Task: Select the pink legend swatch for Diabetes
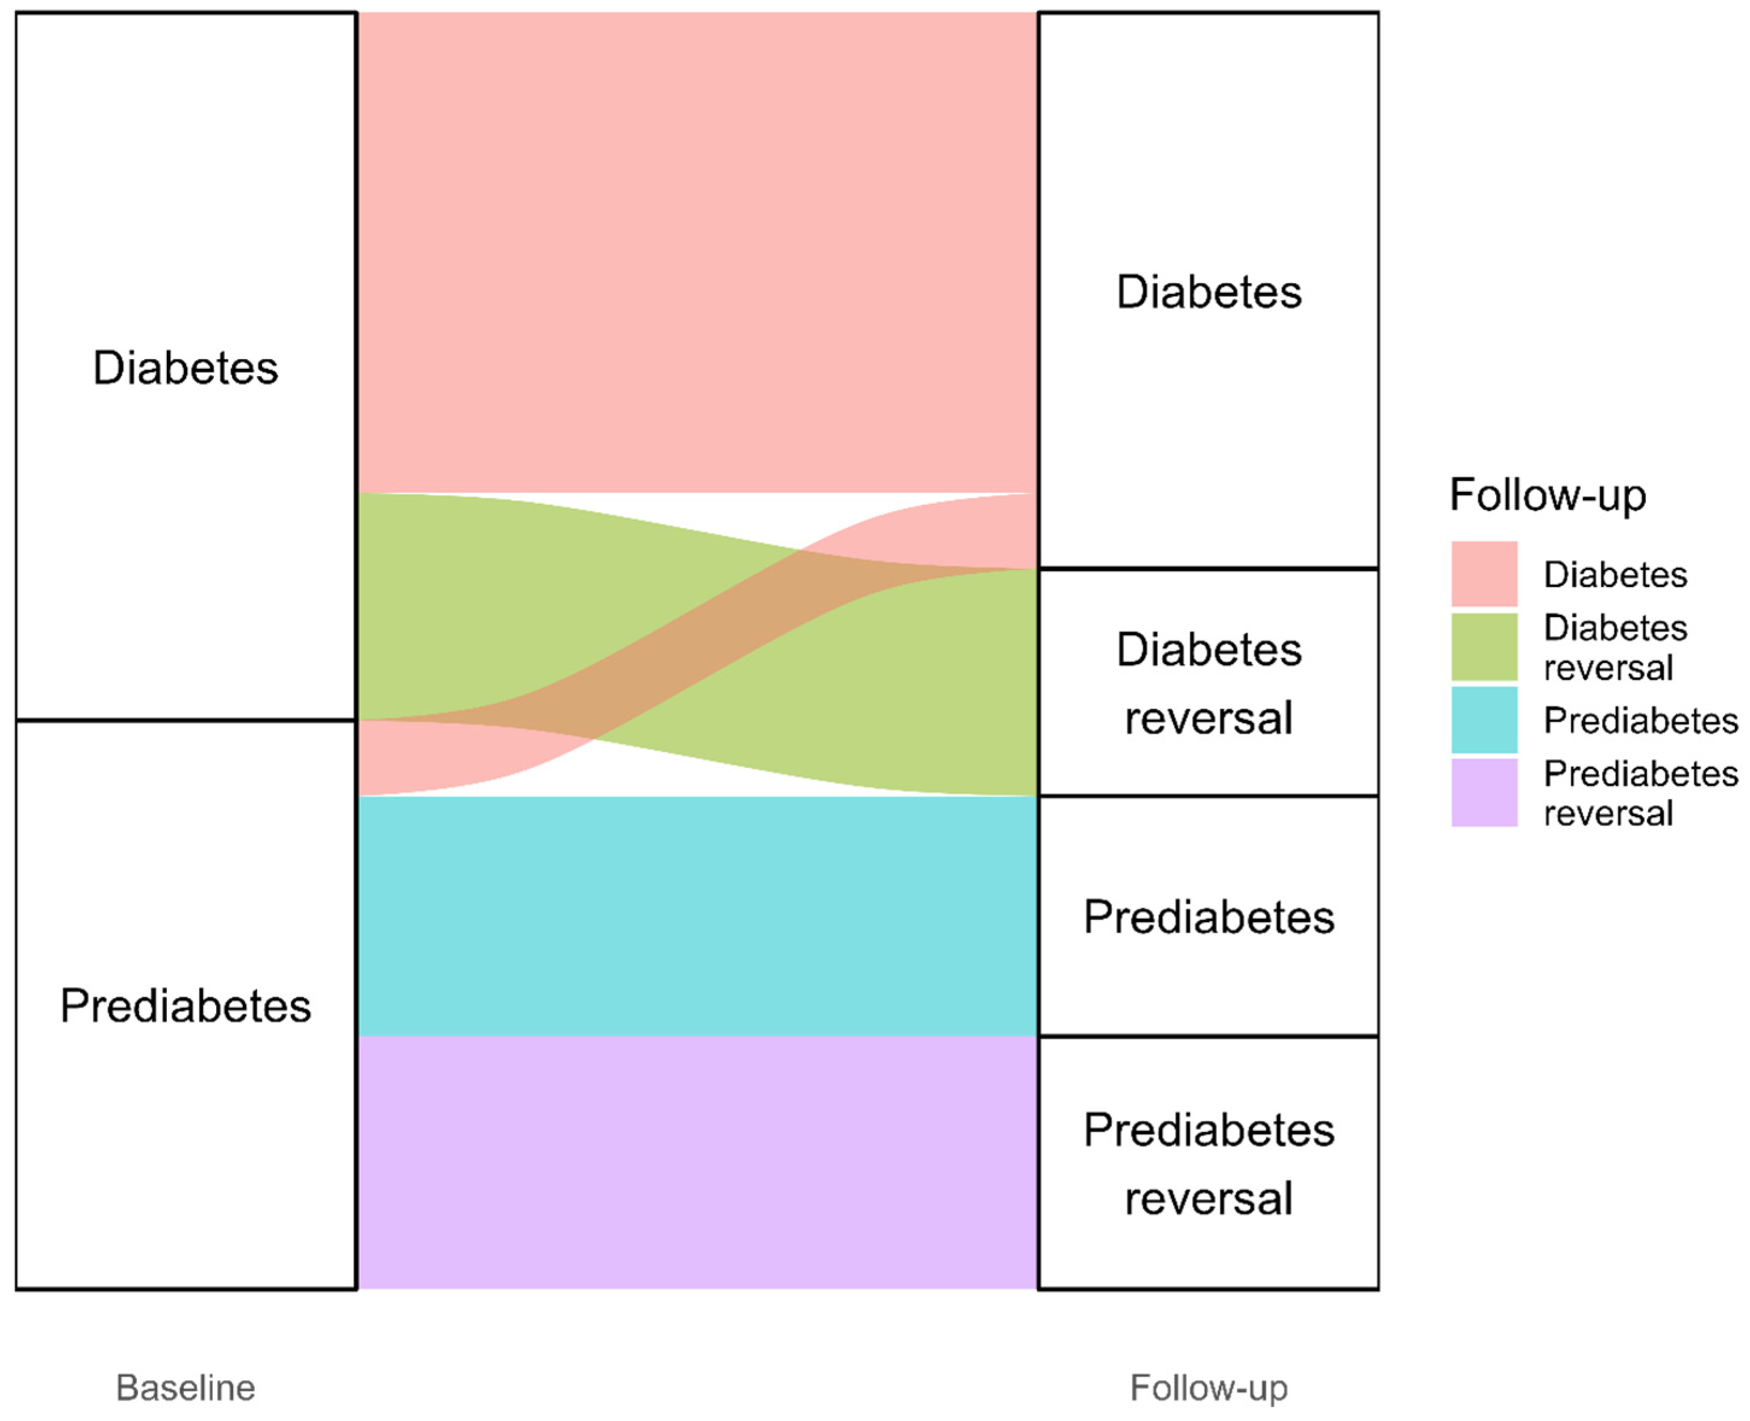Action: (1483, 573)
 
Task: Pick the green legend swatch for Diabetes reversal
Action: (1483, 647)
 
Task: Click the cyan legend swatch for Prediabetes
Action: (1483, 720)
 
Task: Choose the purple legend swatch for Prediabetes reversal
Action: (1483, 792)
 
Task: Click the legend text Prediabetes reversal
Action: (1640, 793)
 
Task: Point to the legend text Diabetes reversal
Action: (1614, 647)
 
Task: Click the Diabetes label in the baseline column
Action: (186, 368)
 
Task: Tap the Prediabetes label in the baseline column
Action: (186, 1005)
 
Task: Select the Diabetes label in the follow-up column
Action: (1208, 292)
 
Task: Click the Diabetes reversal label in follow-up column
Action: (1208, 683)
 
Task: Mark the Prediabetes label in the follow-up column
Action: (1208, 917)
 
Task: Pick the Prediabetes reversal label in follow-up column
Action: (1208, 1164)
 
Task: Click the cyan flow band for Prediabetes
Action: (697, 916)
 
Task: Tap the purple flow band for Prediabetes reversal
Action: (697, 1162)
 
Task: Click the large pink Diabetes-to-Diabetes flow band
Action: (697, 252)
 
